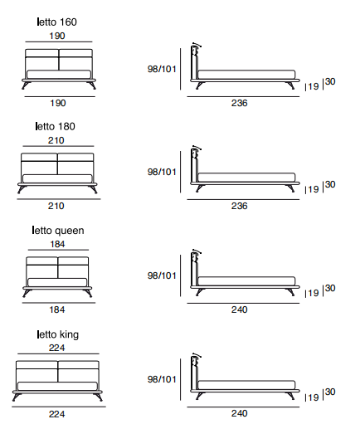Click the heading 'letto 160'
point(56,22)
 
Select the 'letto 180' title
point(56,126)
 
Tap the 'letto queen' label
point(58,231)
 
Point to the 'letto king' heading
point(58,334)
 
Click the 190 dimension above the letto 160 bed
point(57,36)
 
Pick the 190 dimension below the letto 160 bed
point(58,103)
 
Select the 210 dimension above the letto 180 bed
point(56,140)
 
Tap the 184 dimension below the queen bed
point(57,309)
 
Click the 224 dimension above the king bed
point(57,348)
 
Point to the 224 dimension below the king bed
point(57,414)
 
